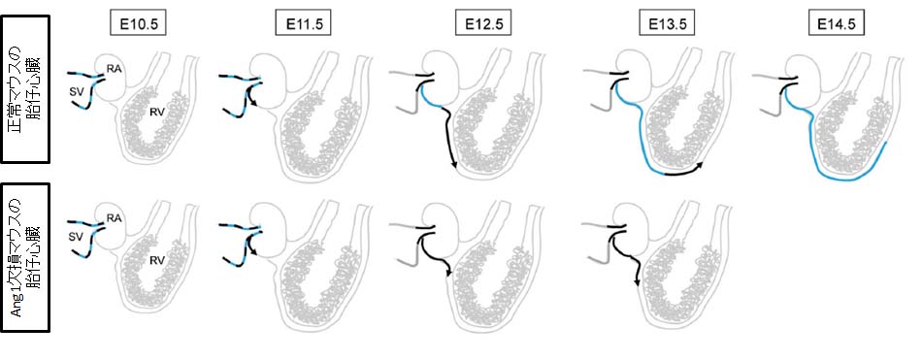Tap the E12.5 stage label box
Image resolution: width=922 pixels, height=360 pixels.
(x=480, y=23)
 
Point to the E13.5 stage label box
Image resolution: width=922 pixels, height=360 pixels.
(x=663, y=23)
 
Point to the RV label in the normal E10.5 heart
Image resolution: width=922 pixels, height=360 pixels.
(x=154, y=112)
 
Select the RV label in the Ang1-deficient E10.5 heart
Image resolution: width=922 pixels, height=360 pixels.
(x=154, y=261)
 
